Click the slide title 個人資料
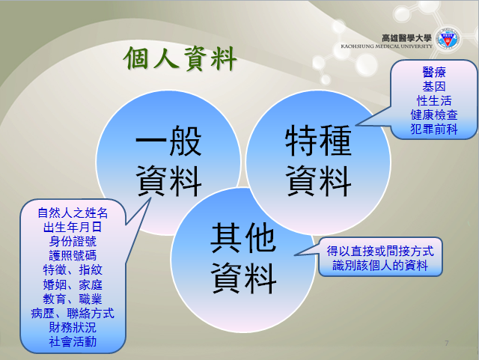(180, 58)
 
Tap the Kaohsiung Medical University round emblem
(448, 39)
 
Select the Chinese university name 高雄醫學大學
(406, 38)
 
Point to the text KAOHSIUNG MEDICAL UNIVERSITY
(387, 46)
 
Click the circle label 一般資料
(168, 161)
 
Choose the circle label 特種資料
(318, 161)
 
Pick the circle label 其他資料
(243, 258)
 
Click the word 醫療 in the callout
(434, 73)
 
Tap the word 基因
(434, 87)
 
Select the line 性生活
(434, 101)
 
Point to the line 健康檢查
(434, 115)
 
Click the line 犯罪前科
(434, 129)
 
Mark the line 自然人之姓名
(73, 213)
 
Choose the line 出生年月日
(73, 227)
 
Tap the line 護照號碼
(73, 255)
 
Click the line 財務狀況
(73, 327)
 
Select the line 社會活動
(73, 342)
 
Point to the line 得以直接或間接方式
(380, 251)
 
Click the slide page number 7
(447, 344)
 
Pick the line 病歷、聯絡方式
(73, 314)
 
